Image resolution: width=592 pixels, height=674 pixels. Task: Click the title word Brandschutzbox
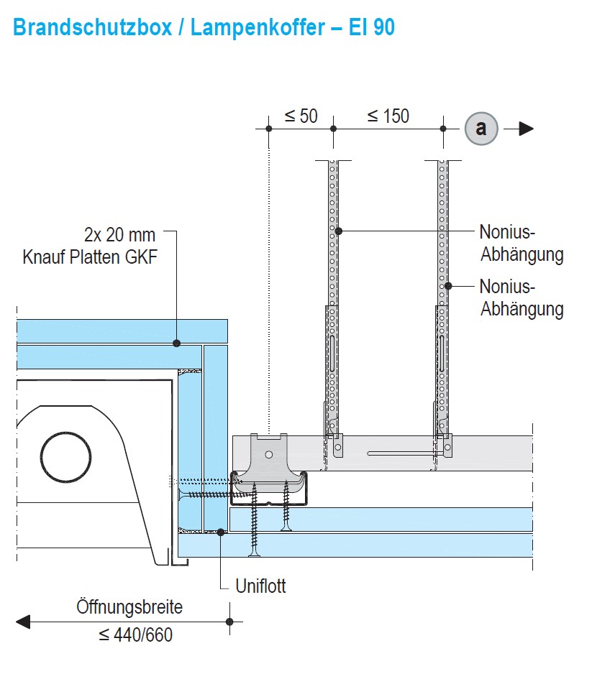pyautogui.click(x=93, y=27)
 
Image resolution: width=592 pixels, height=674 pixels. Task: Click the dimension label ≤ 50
pyautogui.click(x=301, y=116)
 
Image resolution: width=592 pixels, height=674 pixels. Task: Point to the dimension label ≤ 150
pyautogui.click(x=388, y=116)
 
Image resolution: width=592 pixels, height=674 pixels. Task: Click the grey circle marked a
pyautogui.click(x=481, y=129)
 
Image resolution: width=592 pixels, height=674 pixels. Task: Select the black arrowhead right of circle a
pyautogui.click(x=526, y=129)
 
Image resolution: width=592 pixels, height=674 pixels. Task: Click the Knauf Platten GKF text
pyautogui.click(x=89, y=257)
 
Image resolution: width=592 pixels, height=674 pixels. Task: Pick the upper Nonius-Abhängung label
pyautogui.click(x=522, y=243)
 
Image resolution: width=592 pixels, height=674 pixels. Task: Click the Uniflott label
pyautogui.click(x=261, y=586)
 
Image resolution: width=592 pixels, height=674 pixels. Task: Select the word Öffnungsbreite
pyautogui.click(x=129, y=607)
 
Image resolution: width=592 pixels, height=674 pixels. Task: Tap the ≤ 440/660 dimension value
pyautogui.click(x=135, y=635)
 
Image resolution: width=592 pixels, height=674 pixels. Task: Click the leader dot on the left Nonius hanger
pyautogui.click(x=338, y=231)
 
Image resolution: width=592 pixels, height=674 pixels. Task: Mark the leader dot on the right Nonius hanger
pyautogui.click(x=447, y=286)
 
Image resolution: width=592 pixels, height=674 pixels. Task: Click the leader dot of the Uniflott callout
pyautogui.click(x=221, y=532)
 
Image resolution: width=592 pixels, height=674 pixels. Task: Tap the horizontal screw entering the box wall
pyautogui.click(x=209, y=495)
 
